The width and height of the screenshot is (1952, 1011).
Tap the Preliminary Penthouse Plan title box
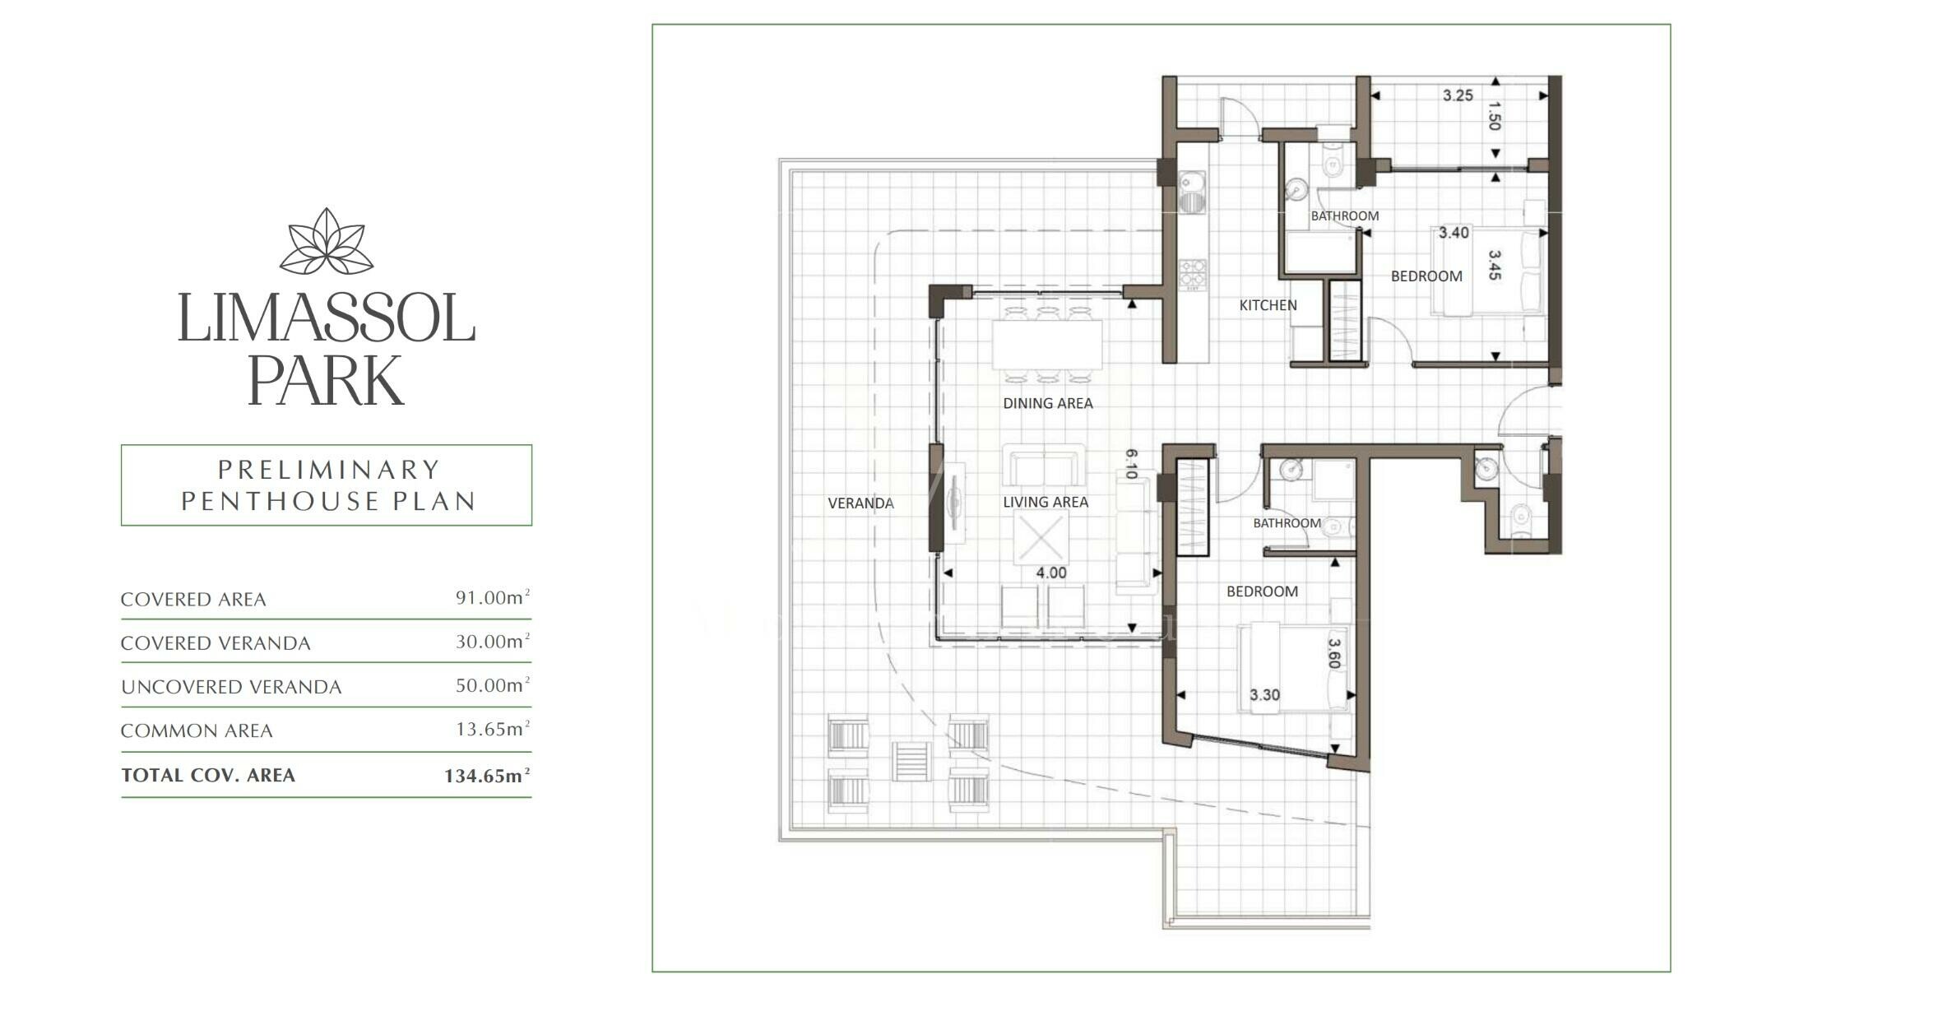tap(327, 485)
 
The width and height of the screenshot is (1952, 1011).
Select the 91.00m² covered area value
tap(493, 597)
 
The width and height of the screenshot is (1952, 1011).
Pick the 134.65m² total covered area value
tap(487, 775)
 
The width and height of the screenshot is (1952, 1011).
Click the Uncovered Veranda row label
tap(231, 687)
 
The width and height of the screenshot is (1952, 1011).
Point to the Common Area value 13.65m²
tap(493, 729)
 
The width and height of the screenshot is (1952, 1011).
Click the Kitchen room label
tap(1268, 305)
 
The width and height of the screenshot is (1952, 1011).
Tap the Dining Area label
tap(1047, 403)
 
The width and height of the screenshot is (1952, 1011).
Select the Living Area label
tap(1046, 502)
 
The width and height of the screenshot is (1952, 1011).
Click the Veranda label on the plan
tap(860, 503)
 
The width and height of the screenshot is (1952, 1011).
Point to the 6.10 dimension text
tap(1130, 464)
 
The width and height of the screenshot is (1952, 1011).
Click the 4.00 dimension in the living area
tap(1051, 573)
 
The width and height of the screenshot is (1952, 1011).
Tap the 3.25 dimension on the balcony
tap(1458, 95)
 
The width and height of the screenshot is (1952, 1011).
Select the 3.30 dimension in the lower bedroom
tap(1264, 695)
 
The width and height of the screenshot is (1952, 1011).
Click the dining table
tap(1047, 346)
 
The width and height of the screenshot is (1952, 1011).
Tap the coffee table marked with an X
tap(1041, 537)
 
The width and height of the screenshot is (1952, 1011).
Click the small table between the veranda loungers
tap(912, 761)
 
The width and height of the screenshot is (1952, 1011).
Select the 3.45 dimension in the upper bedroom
tap(1495, 265)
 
